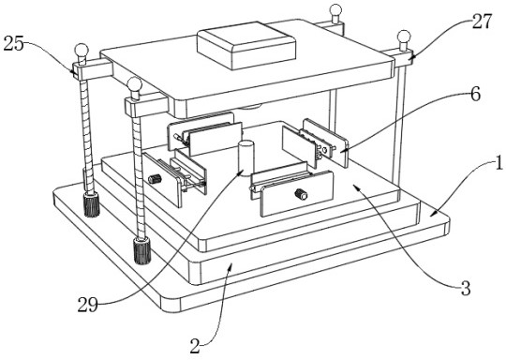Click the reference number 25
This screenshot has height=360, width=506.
[x=14, y=43]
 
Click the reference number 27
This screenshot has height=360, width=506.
[x=482, y=22]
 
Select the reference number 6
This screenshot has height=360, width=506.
[x=475, y=95]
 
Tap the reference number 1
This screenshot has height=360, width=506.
[x=499, y=162]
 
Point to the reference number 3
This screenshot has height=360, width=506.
[x=466, y=289]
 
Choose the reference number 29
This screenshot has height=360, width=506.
[x=88, y=305]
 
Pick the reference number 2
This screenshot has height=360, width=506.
[x=195, y=346]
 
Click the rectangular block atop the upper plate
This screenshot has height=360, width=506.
[x=246, y=45]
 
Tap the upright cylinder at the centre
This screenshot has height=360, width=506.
[x=246, y=158]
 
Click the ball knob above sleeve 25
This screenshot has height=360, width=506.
[x=82, y=52]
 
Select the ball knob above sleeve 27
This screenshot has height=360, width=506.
[x=404, y=37]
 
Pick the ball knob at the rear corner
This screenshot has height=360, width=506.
[x=336, y=11]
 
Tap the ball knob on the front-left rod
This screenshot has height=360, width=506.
[x=134, y=85]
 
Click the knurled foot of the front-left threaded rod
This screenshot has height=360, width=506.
[x=142, y=250]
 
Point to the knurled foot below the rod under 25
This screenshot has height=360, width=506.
[x=92, y=204]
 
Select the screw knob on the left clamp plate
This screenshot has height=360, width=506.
[x=155, y=178]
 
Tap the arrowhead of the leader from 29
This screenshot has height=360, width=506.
[x=239, y=173]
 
